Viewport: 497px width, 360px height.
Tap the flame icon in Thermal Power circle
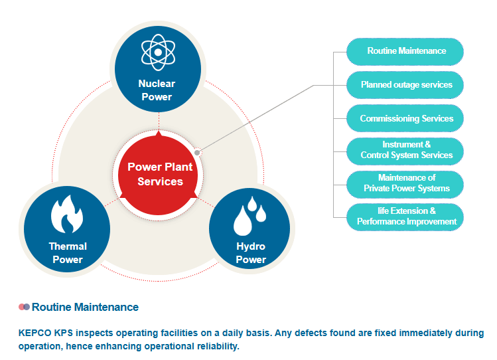tap(66, 214)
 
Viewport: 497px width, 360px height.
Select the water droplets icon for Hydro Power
tap(249, 215)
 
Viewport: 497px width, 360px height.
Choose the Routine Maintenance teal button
tap(406, 51)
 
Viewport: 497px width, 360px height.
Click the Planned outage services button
tap(406, 85)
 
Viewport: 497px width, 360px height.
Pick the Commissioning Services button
tap(406, 119)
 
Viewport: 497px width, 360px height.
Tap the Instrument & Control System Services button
tap(406, 150)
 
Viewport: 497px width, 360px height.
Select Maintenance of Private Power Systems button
tap(406, 183)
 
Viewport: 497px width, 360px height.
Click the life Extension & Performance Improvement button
tap(406, 217)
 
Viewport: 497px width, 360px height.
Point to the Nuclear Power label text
tap(157, 90)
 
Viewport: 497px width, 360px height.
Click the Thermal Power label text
tap(68, 253)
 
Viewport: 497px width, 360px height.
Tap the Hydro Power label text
tap(251, 253)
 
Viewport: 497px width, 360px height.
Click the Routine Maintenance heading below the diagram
tap(85, 308)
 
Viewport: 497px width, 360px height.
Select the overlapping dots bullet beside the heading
tap(25, 307)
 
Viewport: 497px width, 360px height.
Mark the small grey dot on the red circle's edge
tap(196, 152)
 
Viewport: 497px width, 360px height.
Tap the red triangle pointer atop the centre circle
tap(158, 133)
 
